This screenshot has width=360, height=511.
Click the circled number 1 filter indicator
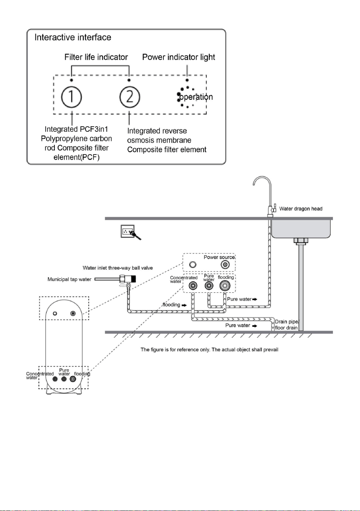(71, 97)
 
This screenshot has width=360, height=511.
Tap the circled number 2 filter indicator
(129, 97)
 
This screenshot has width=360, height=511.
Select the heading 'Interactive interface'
(73, 37)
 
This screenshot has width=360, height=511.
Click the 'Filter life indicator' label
(96, 57)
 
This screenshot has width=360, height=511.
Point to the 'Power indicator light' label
(178, 57)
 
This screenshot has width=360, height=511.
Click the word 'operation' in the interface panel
(196, 97)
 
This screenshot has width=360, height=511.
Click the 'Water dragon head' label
(301, 209)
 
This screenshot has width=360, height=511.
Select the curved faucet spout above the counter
(262, 182)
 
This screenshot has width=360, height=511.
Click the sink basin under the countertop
(301, 229)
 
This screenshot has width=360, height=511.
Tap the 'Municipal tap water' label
(70, 279)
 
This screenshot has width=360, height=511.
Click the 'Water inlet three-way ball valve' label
(118, 268)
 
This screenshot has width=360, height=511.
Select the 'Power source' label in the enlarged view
(219, 257)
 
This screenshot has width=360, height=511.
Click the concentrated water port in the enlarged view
(193, 286)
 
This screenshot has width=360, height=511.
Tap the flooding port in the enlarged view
(225, 285)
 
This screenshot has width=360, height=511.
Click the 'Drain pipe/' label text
(287, 322)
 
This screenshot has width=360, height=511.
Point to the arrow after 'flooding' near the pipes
(184, 305)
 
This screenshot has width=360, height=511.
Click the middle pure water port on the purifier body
(64, 379)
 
